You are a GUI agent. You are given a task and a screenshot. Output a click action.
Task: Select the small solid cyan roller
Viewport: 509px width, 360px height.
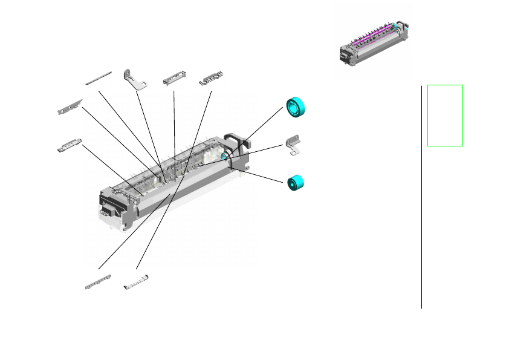pos(295,183)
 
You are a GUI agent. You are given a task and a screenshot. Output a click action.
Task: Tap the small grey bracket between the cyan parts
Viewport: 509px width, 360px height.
pos(294,145)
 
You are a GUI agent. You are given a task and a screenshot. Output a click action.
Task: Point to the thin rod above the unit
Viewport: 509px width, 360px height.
pos(99,77)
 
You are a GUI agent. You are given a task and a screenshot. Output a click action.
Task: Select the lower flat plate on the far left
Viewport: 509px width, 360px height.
pos(69,145)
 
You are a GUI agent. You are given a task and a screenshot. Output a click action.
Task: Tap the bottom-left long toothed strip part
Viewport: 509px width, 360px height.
pos(98,282)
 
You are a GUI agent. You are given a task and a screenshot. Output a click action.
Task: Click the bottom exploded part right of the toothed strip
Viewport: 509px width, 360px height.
pos(135,282)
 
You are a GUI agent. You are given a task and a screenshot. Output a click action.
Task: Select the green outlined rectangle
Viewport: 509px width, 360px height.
pos(445,115)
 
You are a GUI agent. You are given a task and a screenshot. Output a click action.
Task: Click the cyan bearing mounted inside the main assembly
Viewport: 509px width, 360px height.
pos(225,157)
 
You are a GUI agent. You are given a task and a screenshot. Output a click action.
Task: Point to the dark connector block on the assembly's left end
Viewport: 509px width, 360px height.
pos(106,211)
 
